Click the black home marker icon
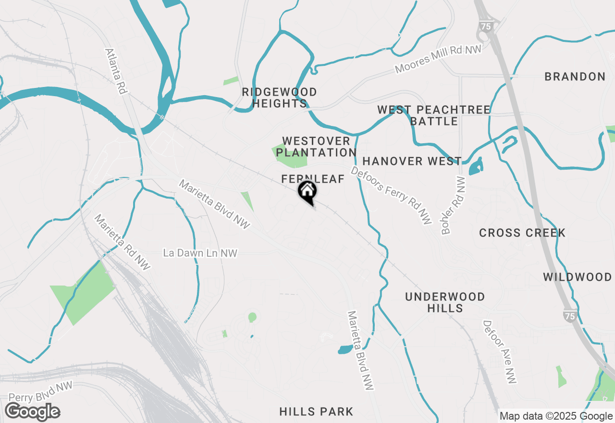[x=307, y=191]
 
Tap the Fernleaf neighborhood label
[x=313, y=179]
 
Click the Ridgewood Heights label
[x=279, y=98]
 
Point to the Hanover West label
[x=412, y=161]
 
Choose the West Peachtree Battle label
[x=434, y=115]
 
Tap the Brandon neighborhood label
[x=575, y=76]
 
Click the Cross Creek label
[x=522, y=233]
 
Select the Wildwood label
[x=577, y=277]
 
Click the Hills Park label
[x=316, y=411]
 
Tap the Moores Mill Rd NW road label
[x=438, y=60]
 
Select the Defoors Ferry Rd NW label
[x=391, y=195]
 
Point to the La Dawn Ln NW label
[x=200, y=253]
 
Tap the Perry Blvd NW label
[x=40, y=392]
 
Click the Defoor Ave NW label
[x=500, y=352]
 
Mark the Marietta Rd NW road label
[x=122, y=242]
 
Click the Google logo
[x=33, y=411]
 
